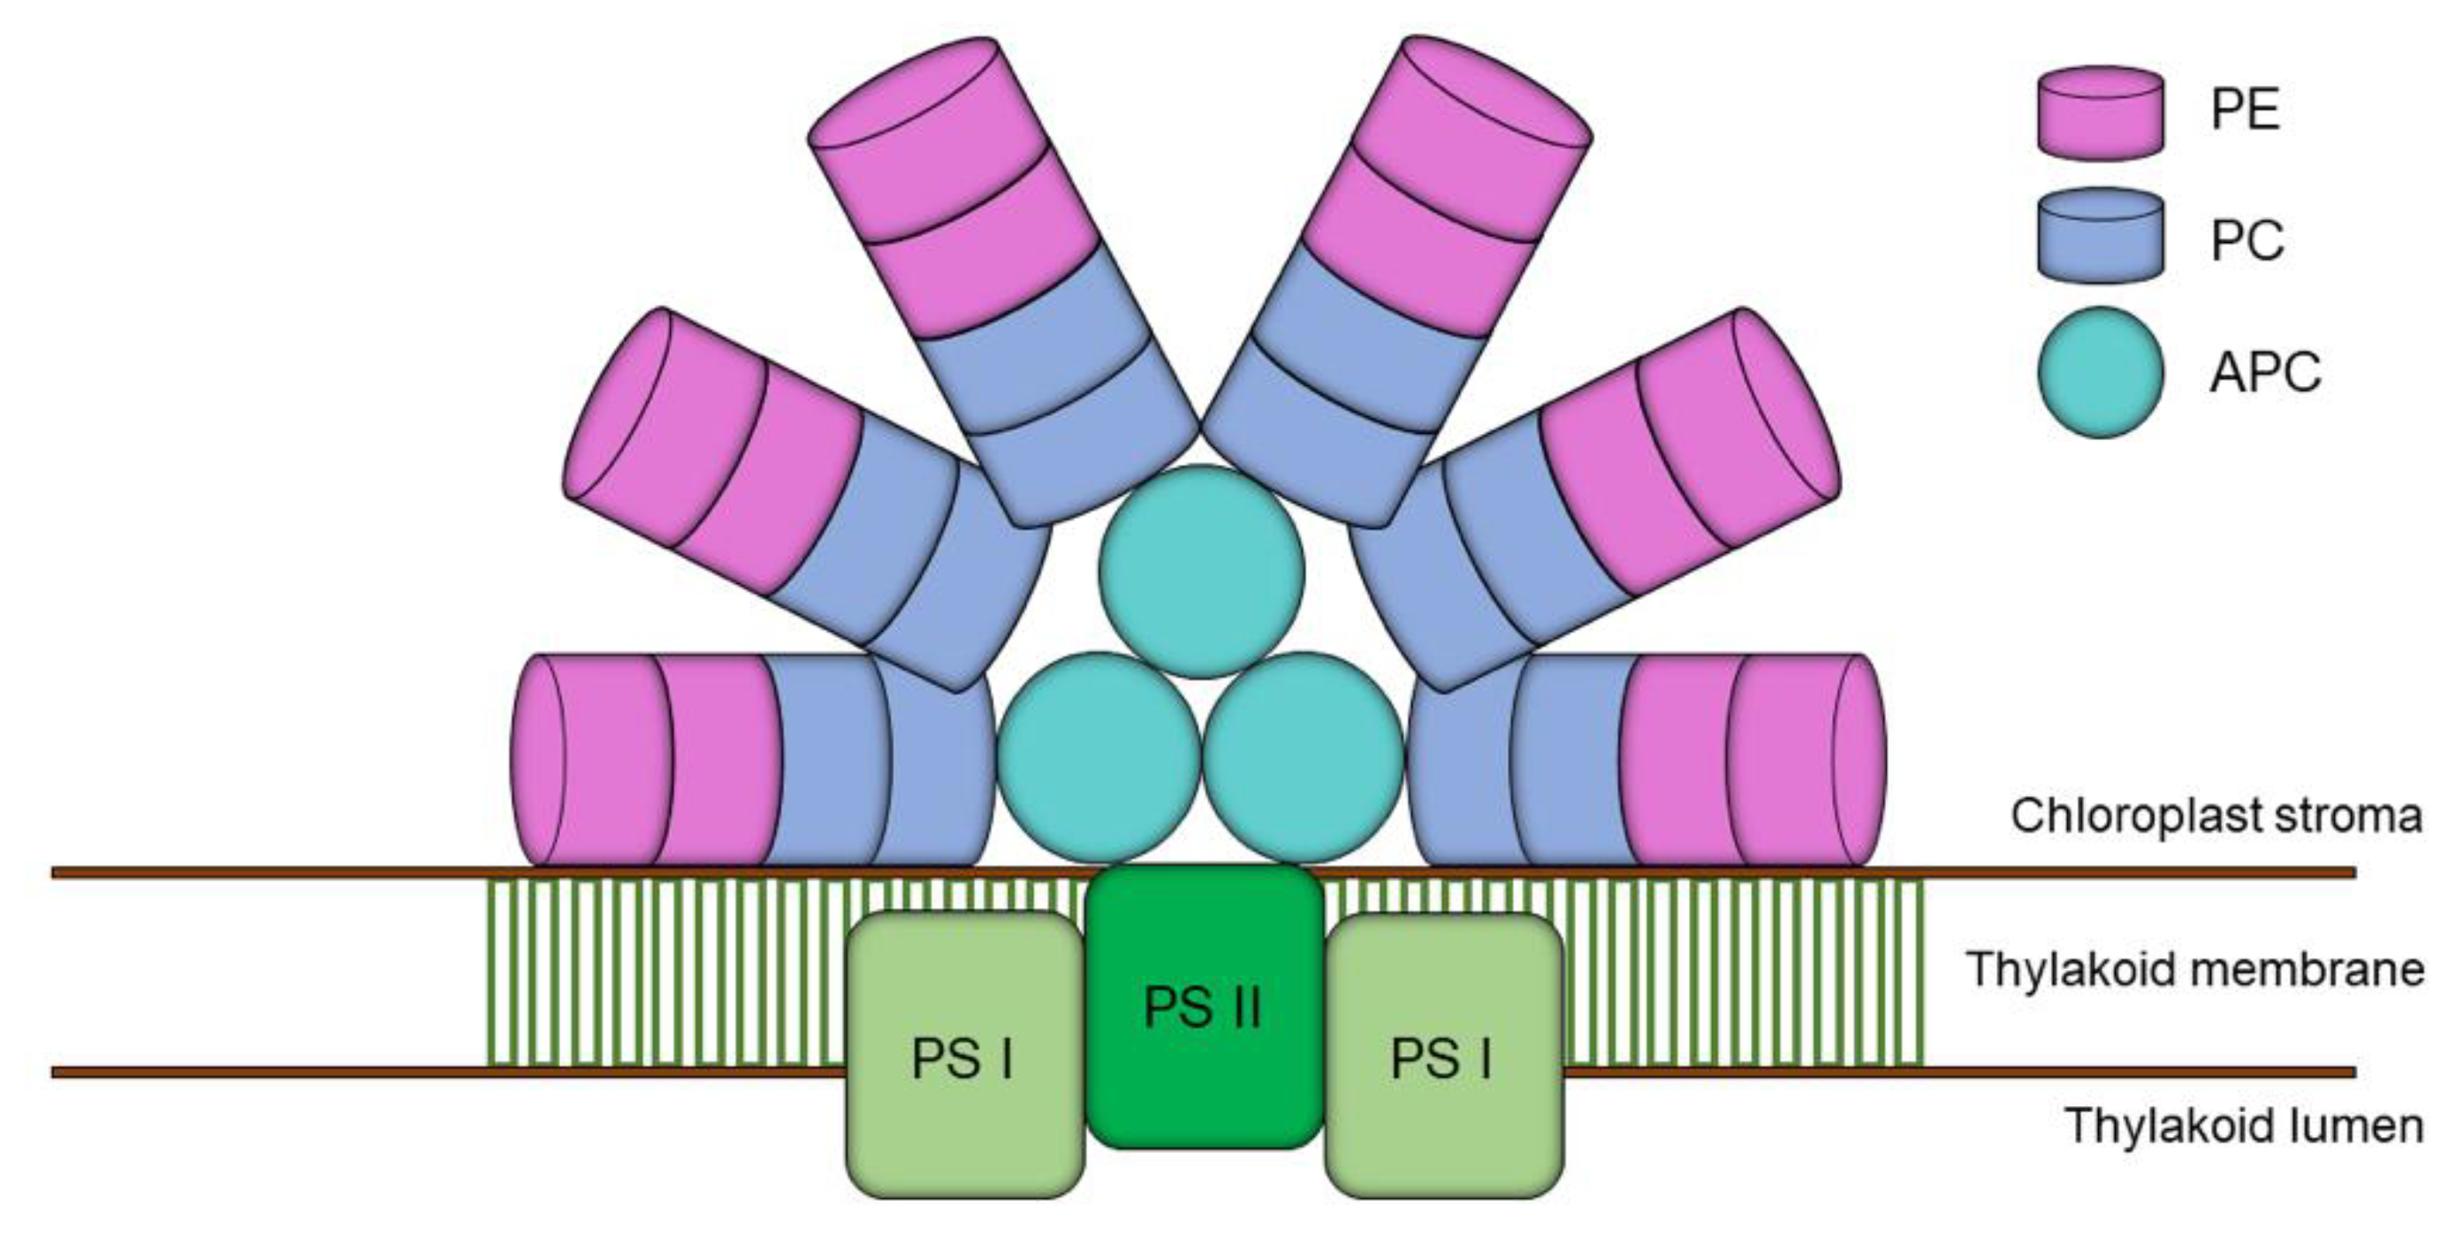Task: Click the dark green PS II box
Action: pos(1204,1007)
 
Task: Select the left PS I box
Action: pos(964,1055)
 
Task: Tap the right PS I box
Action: pos(1443,1055)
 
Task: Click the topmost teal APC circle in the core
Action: pos(1202,570)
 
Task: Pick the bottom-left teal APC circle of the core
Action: pos(1099,756)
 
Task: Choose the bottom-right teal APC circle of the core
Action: pos(1303,756)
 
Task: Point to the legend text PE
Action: pos(2246,110)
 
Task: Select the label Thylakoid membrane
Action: pos(2195,970)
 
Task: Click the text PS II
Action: pos(1202,1007)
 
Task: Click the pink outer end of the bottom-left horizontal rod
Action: pos(589,760)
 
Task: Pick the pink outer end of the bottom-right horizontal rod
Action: pos(1806,760)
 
